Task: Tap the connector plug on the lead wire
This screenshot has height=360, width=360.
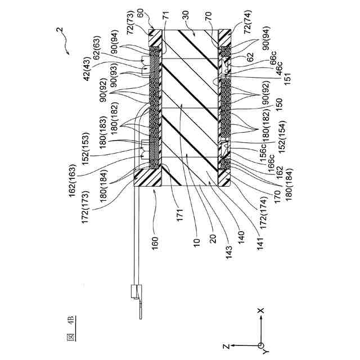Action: coord(135,292)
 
